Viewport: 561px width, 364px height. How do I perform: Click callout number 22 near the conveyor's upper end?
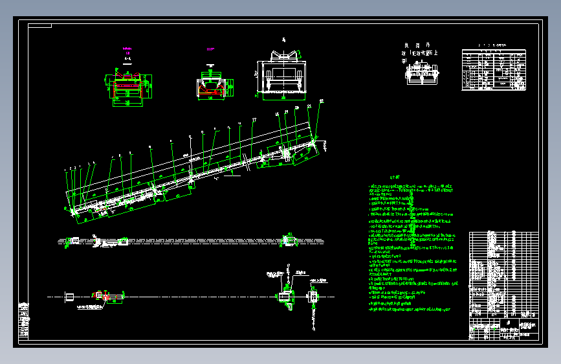click(321, 101)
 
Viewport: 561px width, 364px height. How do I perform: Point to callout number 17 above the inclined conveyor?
click(254, 120)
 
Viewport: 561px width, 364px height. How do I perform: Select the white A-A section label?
click(127, 58)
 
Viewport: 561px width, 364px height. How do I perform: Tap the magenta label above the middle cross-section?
click(210, 49)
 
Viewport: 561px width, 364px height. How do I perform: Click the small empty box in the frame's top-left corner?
click(39, 26)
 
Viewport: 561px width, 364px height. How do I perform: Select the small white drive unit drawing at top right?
click(421, 73)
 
